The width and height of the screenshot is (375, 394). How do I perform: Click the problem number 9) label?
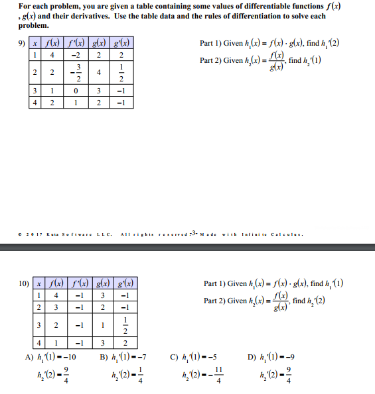(x=23, y=44)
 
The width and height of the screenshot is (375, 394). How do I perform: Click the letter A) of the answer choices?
(x=29, y=357)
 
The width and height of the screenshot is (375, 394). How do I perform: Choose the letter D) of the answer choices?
(x=248, y=357)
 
